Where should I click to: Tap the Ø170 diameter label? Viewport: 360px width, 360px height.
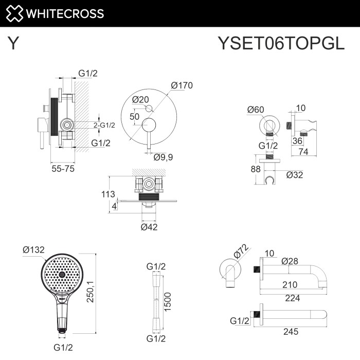pyautogui.click(x=182, y=85)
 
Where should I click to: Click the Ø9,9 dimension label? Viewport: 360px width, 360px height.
pyautogui.click(x=163, y=157)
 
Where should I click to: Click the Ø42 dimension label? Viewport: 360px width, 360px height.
pyautogui.click(x=150, y=227)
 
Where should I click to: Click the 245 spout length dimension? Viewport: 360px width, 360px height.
pyautogui.click(x=291, y=332)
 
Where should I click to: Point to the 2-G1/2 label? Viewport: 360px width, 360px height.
pyautogui.click(x=104, y=125)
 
